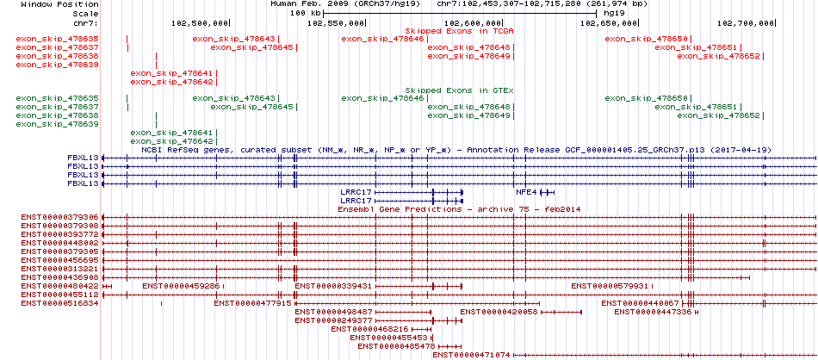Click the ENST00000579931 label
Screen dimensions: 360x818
(610, 286)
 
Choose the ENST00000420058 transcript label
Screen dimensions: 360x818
(499, 312)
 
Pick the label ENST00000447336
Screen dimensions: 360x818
(653, 312)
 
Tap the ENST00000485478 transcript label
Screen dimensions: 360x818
(396, 346)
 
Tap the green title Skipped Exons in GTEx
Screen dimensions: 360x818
(460, 90)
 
